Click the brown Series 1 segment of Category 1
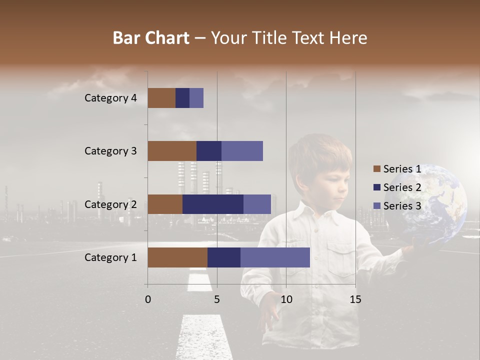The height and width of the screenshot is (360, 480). point(177,257)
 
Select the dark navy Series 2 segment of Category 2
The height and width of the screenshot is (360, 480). point(213,204)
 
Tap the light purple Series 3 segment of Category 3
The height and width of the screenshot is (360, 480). point(242,151)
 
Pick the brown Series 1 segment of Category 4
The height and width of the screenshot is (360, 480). point(161,98)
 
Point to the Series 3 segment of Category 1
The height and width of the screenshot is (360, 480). point(275,257)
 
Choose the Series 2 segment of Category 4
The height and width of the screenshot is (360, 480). point(182,98)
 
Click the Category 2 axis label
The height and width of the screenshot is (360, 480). point(110,204)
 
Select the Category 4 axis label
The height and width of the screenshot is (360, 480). point(110,98)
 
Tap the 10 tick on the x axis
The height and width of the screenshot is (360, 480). point(286,299)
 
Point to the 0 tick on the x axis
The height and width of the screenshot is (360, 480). point(148,299)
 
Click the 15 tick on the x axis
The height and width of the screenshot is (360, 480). point(355,299)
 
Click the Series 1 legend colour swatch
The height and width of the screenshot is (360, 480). point(376,169)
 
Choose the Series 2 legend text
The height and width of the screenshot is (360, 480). point(402,187)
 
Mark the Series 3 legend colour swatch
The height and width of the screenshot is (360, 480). point(376,206)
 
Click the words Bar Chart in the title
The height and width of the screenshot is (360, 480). point(150,38)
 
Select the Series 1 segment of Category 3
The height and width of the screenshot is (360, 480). point(172,151)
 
